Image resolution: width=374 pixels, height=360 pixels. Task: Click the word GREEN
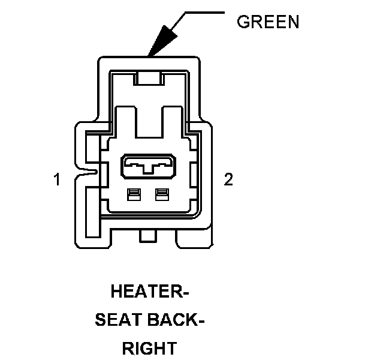[x=268, y=22]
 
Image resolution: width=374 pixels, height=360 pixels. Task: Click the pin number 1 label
[x=57, y=179]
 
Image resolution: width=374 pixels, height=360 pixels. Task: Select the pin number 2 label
[x=228, y=179]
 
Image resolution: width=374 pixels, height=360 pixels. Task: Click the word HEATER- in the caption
[x=150, y=293]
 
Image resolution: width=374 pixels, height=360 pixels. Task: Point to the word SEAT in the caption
[x=118, y=320]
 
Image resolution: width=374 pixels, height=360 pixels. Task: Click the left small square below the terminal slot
[x=134, y=194]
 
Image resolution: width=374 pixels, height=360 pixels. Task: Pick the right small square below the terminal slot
[x=161, y=194]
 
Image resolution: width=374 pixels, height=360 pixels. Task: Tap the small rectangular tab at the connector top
[x=148, y=77]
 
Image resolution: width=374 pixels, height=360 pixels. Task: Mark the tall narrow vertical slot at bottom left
[x=93, y=210]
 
